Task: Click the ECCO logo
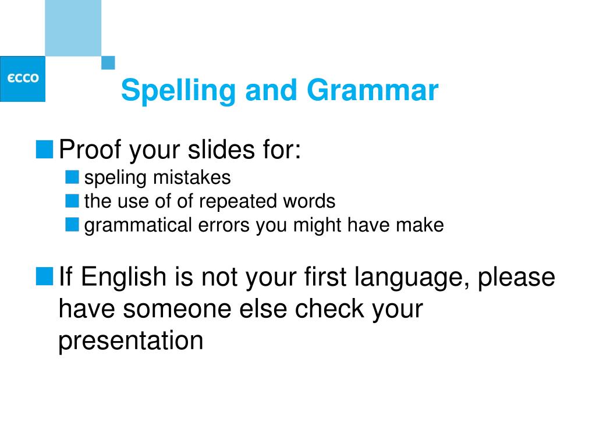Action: (23, 79)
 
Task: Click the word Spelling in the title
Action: (178, 91)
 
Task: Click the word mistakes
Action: (192, 178)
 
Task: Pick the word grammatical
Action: (138, 225)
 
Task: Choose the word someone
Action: (177, 308)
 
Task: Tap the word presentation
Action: (131, 341)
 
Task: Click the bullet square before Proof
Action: (44, 150)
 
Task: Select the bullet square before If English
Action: (44, 276)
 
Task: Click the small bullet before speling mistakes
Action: (72, 177)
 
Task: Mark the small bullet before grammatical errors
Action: (72, 224)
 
